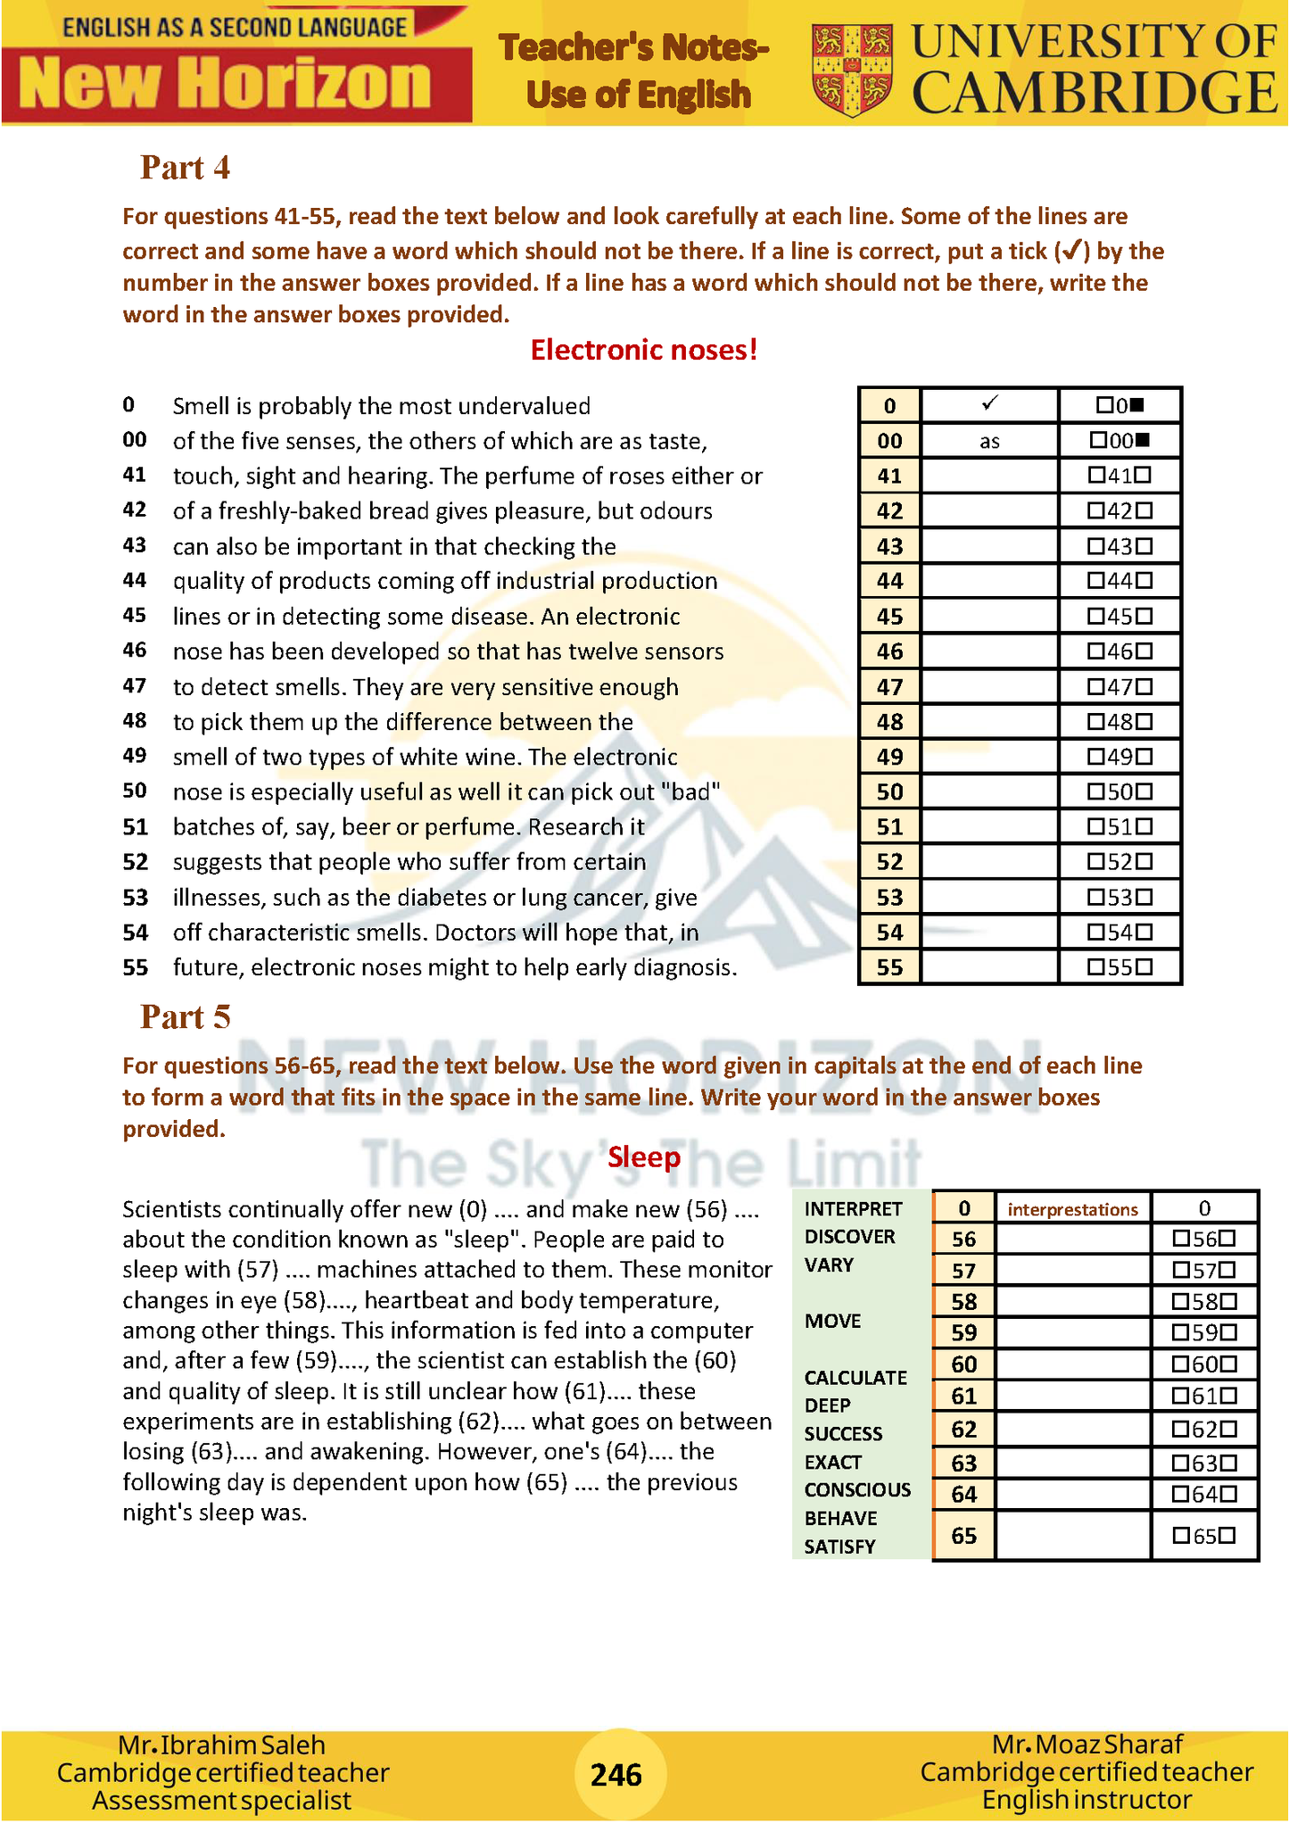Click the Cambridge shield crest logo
852,70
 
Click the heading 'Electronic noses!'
644,350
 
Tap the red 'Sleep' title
644,1157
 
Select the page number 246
616,1775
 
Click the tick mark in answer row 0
988,404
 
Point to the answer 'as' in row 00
989,441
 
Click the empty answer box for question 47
989,687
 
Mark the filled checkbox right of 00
1144,440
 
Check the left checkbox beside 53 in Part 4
1095,897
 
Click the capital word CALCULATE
855,1378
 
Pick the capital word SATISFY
839,1546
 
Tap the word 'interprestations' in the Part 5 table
1072,1209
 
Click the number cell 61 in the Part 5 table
963,1397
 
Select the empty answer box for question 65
1072,1536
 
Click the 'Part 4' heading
185,168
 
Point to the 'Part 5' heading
185,1017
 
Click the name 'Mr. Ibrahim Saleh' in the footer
221,1745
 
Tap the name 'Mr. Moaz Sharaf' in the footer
1087,1744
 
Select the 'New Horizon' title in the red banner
225,84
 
